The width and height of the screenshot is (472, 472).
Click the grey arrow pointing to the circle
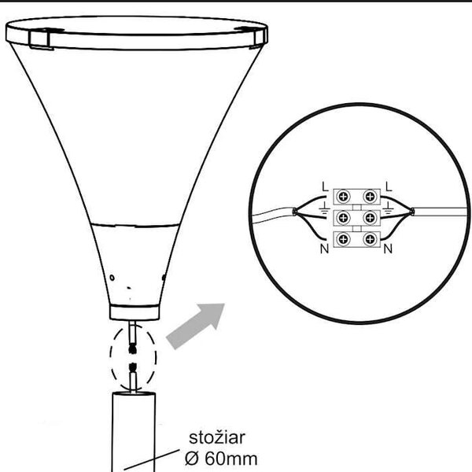click(x=196, y=326)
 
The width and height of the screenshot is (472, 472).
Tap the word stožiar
click(x=217, y=437)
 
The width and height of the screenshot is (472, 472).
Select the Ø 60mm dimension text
click(x=221, y=459)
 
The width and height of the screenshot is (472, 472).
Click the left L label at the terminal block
click(x=324, y=186)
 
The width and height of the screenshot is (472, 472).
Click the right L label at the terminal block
click(x=389, y=186)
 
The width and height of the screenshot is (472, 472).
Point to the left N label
click(x=324, y=249)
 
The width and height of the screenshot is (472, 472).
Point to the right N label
click(x=388, y=249)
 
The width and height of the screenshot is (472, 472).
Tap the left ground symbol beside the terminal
click(x=324, y=208)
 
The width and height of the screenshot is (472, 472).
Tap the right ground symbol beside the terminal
click(x=389, y=208)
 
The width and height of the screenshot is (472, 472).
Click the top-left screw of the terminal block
click(x=343, y=197)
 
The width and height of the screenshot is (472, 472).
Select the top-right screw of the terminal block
click(x=370, y=197)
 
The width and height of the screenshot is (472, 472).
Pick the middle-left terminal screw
click(x=343, y=218)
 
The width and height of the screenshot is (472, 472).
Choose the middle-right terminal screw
click(x=370, y=218)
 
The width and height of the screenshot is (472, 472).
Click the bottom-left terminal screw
click(x=343, y=240)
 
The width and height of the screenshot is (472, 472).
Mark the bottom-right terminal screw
click(x=370, y=240)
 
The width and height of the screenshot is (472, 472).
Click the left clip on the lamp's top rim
click(x=41, y=39)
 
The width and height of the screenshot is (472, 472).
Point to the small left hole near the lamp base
click(x=112, y=278)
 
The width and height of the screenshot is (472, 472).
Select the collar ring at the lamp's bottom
click(x=135, y=312)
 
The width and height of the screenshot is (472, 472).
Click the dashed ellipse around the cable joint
click(x=110, y=357)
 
